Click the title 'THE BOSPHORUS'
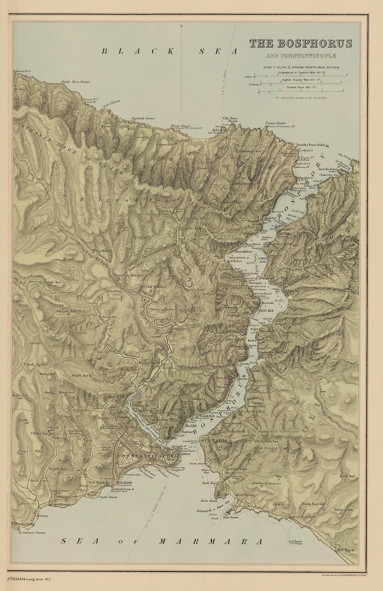[296, 43]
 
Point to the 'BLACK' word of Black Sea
[138, 51]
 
